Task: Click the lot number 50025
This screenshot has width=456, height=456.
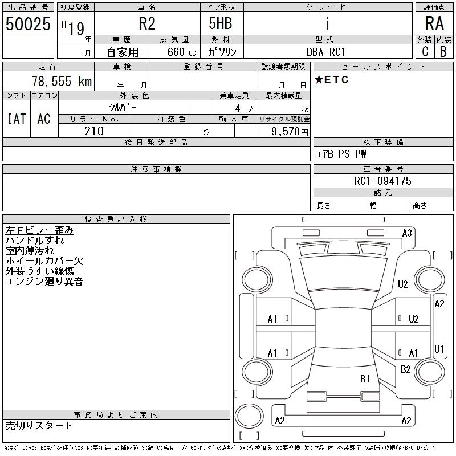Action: tap(27, 25)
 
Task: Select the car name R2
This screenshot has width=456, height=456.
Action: tap(147, 25)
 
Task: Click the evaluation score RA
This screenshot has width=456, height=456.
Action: tap(434, 25)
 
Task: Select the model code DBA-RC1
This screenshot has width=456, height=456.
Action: tap(326, 52)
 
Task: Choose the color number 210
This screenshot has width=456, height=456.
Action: tap(94, 131)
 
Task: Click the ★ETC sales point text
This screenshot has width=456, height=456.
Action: tap(332, 80)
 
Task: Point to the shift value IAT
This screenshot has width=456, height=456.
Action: tap(17, 119)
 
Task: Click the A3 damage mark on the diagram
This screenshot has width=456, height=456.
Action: tap(407, 233)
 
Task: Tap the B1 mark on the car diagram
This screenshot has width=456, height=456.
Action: tap(365, 378)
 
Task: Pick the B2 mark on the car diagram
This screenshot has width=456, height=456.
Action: tap(406, 369)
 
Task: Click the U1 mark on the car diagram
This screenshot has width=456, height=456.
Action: tap(439, 349)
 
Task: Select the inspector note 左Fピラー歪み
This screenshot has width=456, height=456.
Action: tap(39, 230)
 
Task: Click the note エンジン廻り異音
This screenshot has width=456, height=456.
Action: tap(44, 282)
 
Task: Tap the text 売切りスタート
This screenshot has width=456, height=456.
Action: tap(39, 425)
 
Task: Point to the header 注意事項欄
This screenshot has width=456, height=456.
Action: tap(156, 169)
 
